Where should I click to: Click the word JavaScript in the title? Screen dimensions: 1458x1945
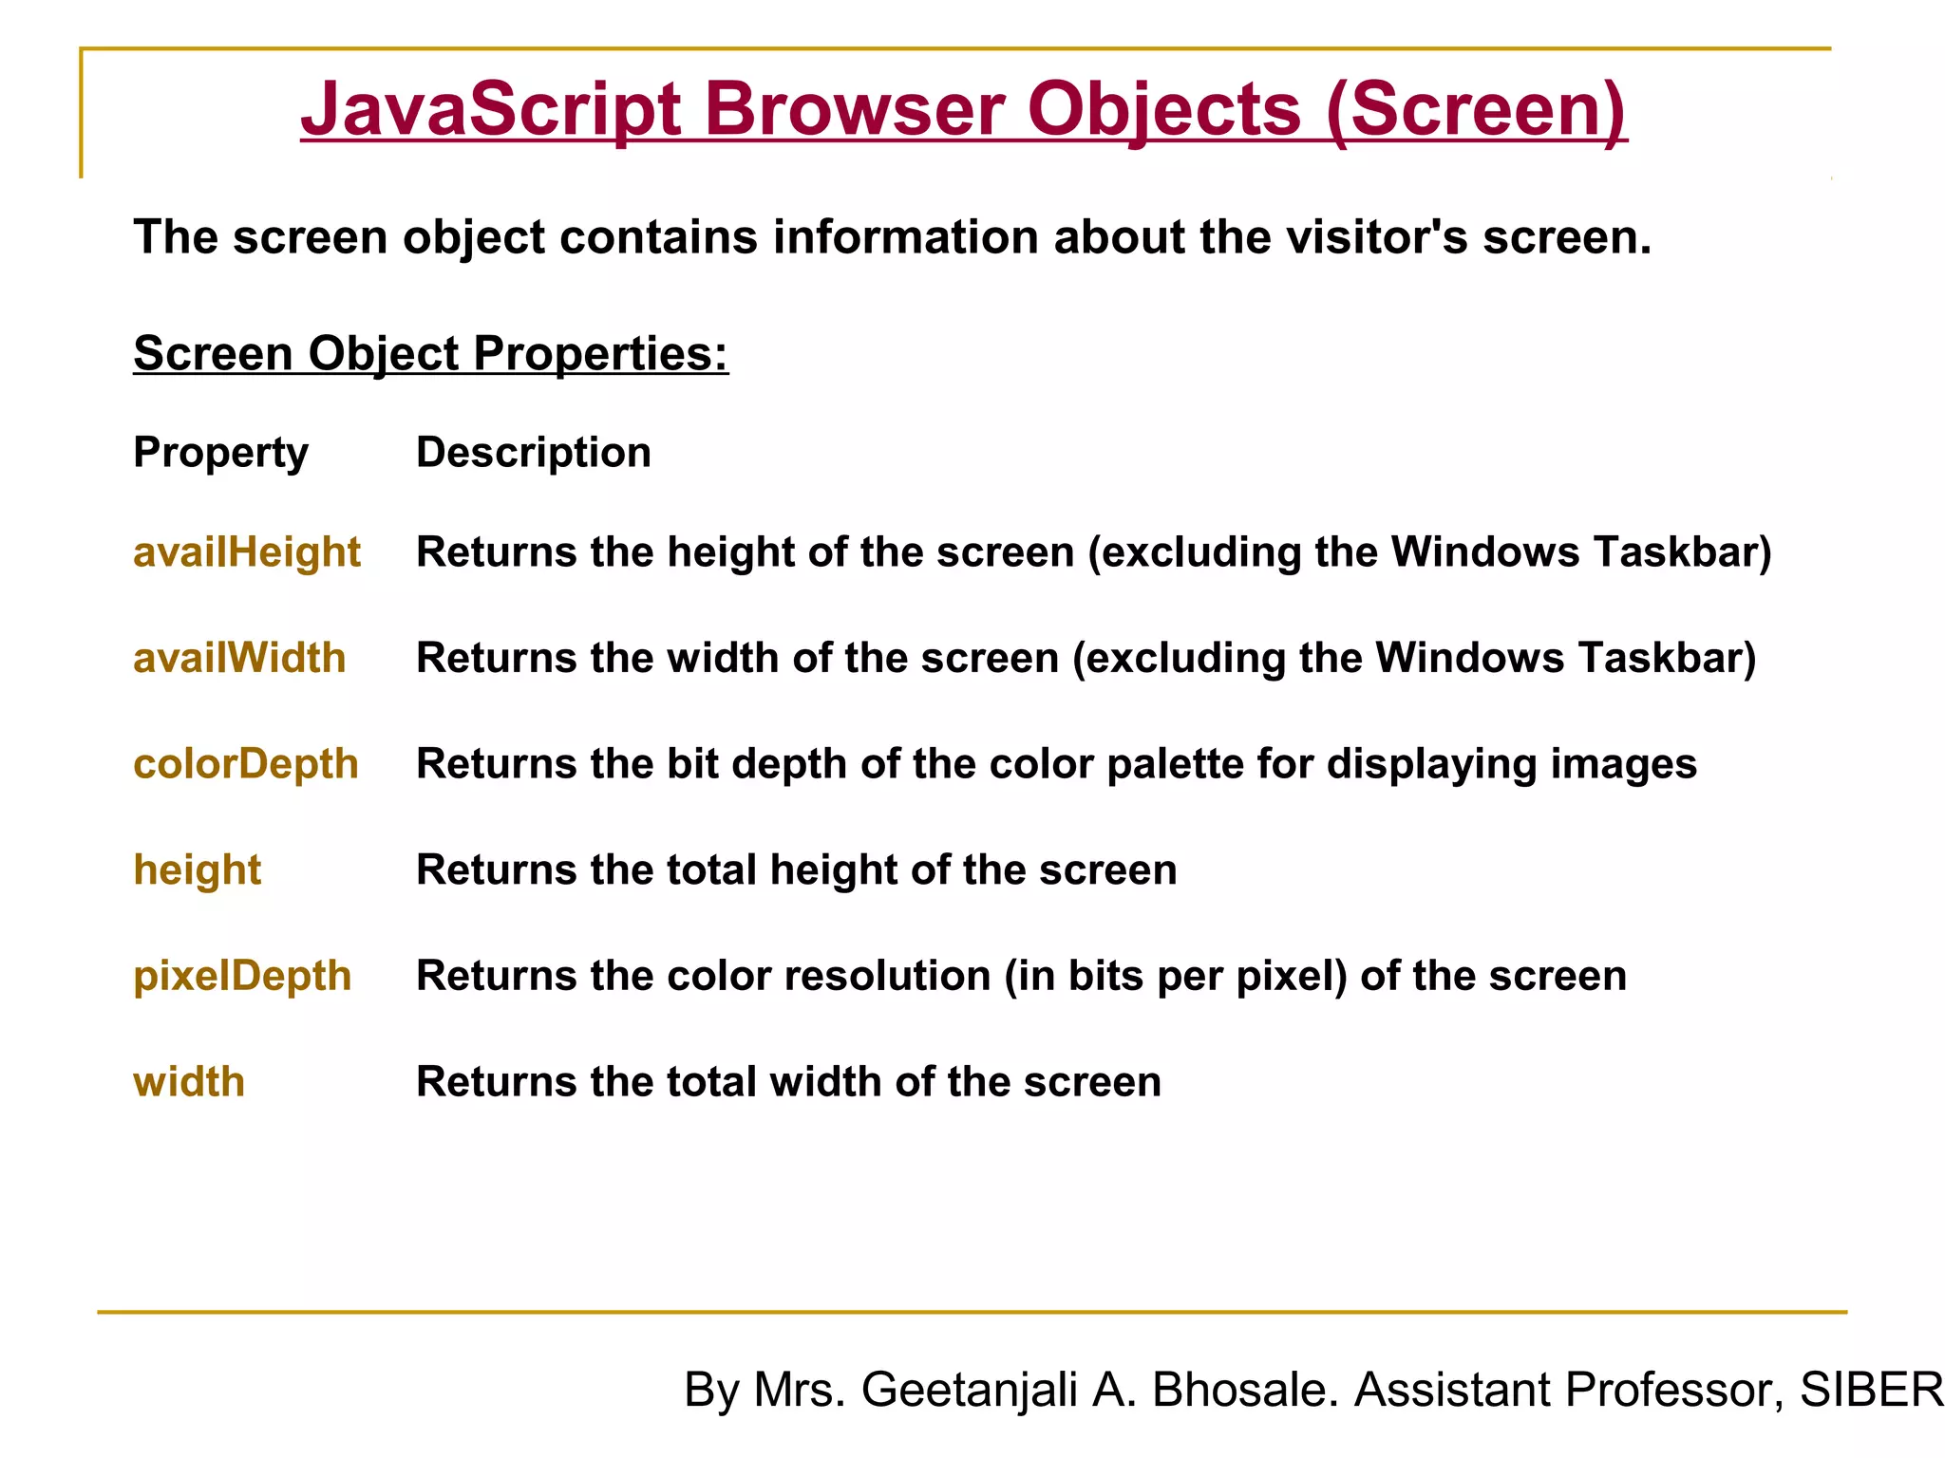tap(490, 110)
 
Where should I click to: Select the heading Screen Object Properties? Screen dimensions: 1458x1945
tap(430, 354)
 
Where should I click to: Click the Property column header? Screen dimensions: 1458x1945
tap(220, 453)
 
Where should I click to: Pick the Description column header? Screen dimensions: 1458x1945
tap(533, 453)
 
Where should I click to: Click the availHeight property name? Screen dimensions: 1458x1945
tap(246, 552)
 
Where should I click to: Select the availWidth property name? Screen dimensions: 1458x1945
tap(239, 659)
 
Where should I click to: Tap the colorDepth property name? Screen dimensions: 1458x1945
tap(245, 764)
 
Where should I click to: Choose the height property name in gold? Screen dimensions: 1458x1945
tap(197, 870)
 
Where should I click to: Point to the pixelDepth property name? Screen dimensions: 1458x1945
tap(242, 976)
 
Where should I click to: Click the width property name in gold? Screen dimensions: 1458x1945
tap(188, 1082)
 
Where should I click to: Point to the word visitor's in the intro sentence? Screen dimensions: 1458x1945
tap(1377, 237)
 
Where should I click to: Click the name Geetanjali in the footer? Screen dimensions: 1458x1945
tap(969, 1390)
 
